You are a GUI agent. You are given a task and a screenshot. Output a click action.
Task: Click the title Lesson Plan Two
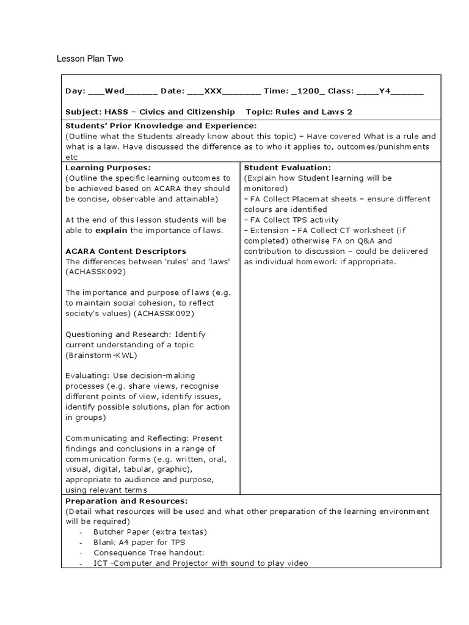tap(90, 59)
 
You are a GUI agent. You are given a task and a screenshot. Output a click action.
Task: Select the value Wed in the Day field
tap(114, 91)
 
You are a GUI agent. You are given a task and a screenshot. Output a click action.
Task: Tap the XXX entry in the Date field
tap(213, 91)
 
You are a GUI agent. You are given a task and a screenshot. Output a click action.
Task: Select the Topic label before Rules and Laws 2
tap(259, 112)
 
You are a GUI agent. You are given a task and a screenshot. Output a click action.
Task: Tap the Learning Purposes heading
tap(108, 167)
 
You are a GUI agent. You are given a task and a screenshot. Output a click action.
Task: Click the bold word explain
tap(111, 230)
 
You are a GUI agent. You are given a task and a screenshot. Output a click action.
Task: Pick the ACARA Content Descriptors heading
tap(126, 251)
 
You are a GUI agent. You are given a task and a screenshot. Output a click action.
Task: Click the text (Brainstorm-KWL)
tap(101, 355)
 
